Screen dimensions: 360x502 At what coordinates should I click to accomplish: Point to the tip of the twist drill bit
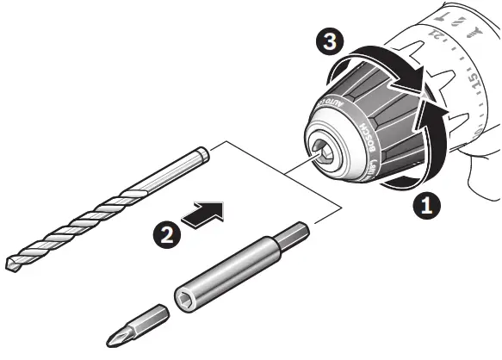pyautogui.click(x=10, y=265)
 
